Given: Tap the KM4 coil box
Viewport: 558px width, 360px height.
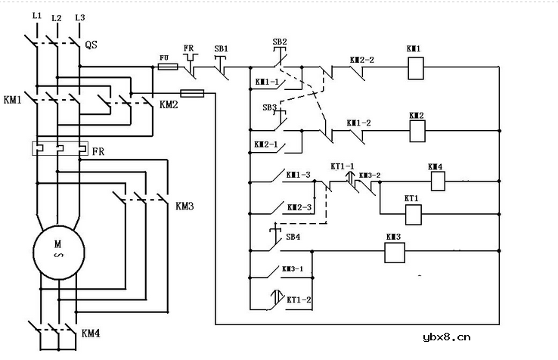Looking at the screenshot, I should [436, 181].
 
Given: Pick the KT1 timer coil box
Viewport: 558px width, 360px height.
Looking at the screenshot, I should [413, 214].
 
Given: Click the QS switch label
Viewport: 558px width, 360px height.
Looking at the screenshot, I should [91, 45].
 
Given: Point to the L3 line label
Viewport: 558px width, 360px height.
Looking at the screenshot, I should [79, 16].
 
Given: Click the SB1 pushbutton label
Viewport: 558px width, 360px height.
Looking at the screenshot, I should [221, 48].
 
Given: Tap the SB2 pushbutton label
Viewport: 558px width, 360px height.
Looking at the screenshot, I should [279, 42].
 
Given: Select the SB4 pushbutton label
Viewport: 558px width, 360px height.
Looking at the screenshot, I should [293, 237].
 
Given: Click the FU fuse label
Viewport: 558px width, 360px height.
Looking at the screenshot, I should [164, 57].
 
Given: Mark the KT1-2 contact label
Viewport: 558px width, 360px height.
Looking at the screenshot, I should [299, 299].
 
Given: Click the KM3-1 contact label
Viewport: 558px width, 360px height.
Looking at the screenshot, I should [293, 268].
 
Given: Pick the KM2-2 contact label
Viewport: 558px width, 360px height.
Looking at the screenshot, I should [361, 58].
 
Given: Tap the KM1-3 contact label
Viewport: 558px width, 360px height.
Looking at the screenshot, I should [298, 175].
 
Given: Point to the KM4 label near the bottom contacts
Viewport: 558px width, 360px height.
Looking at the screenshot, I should [90, 332].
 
